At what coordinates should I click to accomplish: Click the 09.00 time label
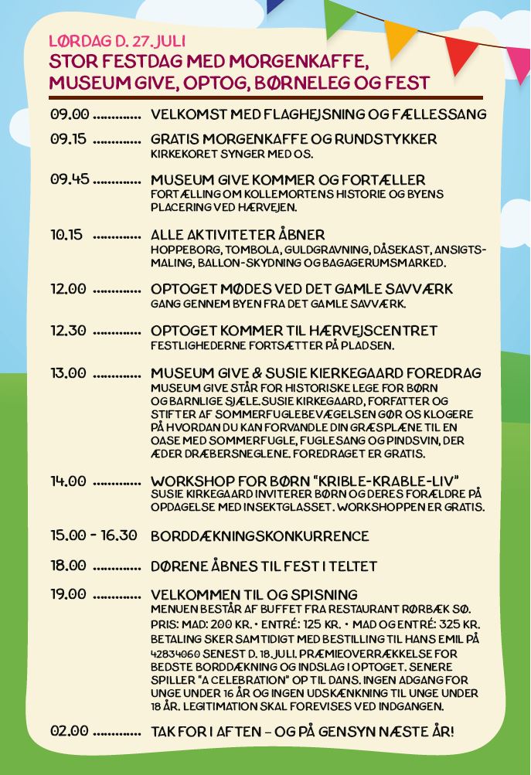pos(70,114)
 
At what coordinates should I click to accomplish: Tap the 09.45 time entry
pos(70,179)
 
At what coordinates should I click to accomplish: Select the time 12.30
pos(68,330)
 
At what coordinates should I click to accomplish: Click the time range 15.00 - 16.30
pos(94,535)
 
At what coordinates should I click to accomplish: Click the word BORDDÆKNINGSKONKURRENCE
pos(260,535)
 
